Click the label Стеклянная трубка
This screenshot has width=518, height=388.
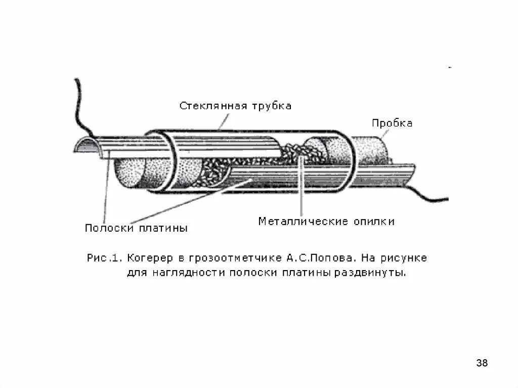[235, 106]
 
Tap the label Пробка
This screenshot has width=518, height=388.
[392, 123]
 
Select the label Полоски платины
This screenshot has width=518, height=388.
[136, 228]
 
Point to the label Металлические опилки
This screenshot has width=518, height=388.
[326, 221]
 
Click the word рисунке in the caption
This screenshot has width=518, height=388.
[407, 258]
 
